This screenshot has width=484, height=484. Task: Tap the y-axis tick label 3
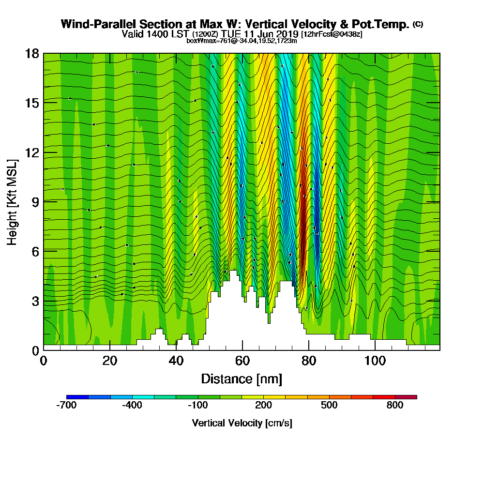[x=35, y=301]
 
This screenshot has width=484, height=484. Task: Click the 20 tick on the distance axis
[x=110, y=361]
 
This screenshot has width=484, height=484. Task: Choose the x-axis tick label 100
[x=375, y=361]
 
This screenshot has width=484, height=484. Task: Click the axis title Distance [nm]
[x=242, y=378]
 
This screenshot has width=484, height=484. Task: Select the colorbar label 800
[x=395, y=406]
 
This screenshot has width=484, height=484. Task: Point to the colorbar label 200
[x=264, y=406]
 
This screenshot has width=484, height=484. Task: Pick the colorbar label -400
[x=132, y=406]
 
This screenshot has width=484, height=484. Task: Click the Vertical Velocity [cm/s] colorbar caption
[x=242, y=423]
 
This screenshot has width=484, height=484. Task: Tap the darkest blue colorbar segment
[x=77, y=397]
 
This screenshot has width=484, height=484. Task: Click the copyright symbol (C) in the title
[x=418, y=24]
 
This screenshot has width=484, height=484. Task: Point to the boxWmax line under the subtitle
[x=242, y=41]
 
